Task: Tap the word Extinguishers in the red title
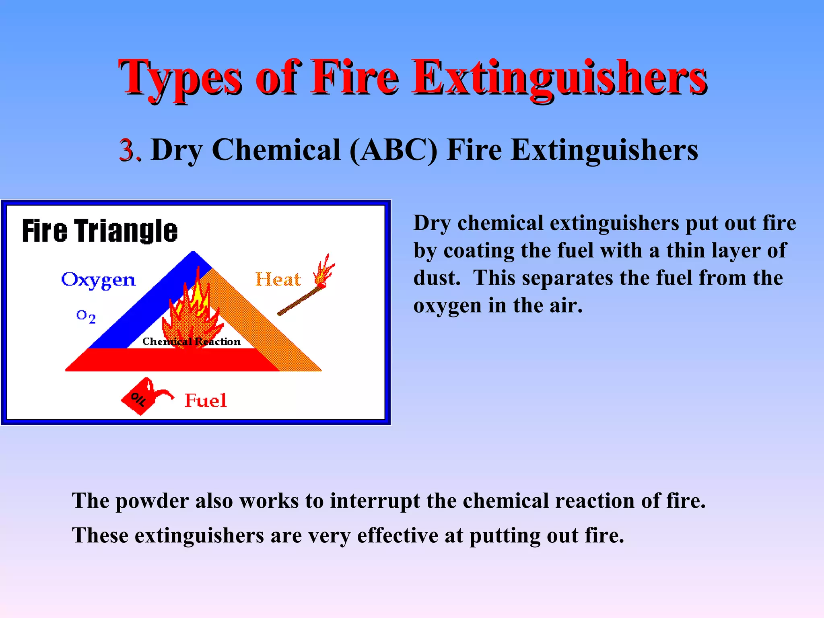[559, 78]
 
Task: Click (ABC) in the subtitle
[393, 150]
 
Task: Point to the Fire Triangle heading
[99, 231]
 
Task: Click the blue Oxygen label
[98, 280]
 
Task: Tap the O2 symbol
[86, 316]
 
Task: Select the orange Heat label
[278, 279]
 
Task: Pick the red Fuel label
[206, 401]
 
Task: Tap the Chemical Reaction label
[192, 342]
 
